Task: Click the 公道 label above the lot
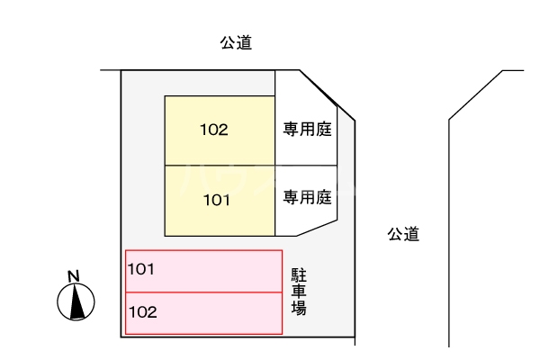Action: pyautogui.click(x=236, y=42)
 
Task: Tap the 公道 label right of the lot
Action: pyautogui.click(x=404, y=234)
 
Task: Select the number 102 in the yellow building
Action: pyautogui.click(x=214, y=130)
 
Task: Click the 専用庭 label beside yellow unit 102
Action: pyautogui.click(x=308, y=130)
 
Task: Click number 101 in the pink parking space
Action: pyautogui.click(x=142, y=268)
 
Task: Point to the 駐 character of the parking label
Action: pyautogui.click(x=299, y=275)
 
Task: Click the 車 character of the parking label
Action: pyautogui.click(x=299, y=291)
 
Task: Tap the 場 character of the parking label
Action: pyautogui.click(x=299, y=307)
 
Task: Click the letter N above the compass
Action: pyautogui.click(x=75, y=275)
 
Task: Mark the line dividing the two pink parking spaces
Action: pyautogui.click(x=203, y=292)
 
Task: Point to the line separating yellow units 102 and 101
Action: pyautogui.click(x=220, y=165)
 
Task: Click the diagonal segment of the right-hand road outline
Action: pyautogui.click(x=475, y=94)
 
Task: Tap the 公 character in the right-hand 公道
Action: pyautogui.click(x=396, y=234)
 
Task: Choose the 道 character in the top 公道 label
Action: pyautogui.click(x=244, y=42)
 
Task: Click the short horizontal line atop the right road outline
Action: pyautogui.click(x=513, y=70)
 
